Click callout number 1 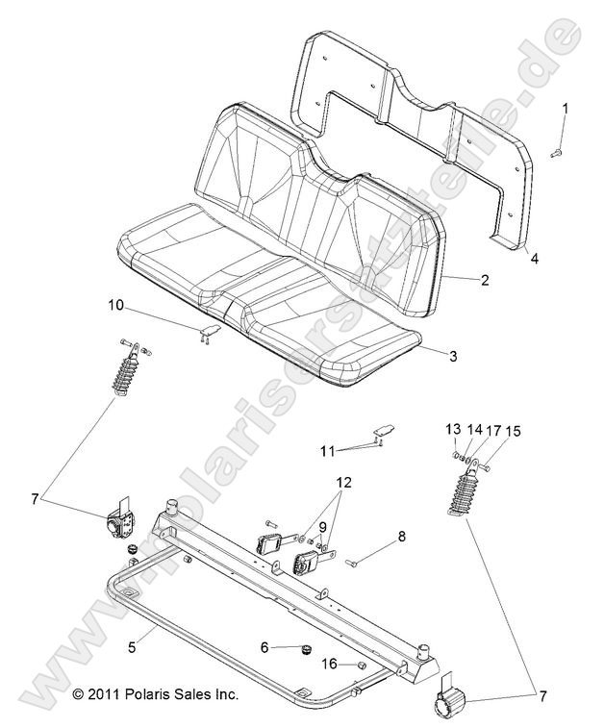click(x=566, y=109)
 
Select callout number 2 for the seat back click(x=485, y=280)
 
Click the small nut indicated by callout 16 click(x=360, y=665)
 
